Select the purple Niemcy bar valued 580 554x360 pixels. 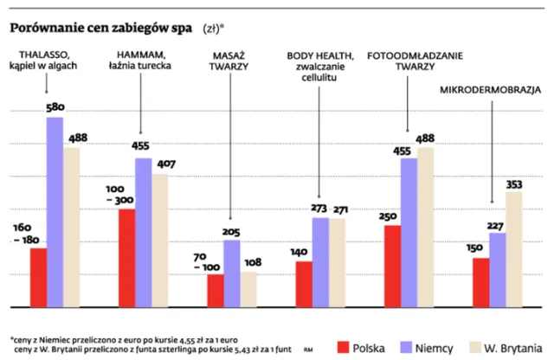point(55,212)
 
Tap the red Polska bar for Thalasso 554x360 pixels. point(38,277)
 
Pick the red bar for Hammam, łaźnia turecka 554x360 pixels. point(126,258)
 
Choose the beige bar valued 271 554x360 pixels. point(338,262)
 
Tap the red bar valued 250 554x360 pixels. point(391,266)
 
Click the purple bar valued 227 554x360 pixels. point(496,269)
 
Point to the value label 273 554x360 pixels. point(319,209)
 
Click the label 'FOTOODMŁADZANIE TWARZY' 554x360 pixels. point(414,61)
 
